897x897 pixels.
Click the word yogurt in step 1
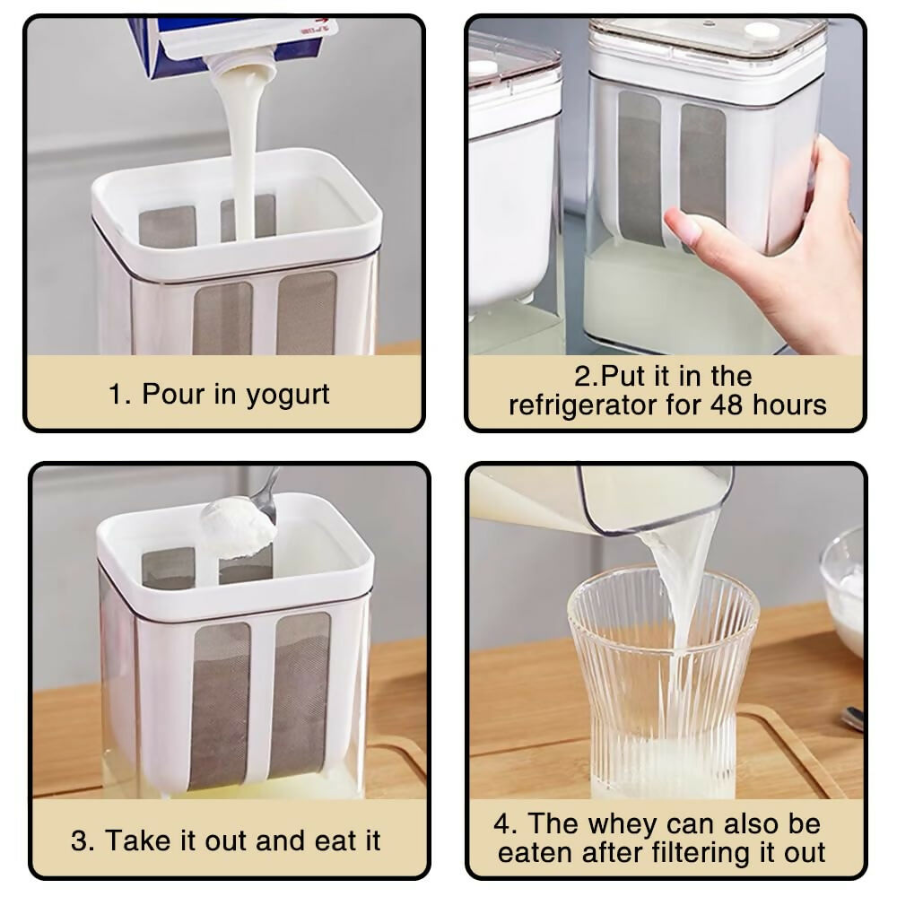288,396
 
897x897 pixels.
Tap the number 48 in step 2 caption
727,405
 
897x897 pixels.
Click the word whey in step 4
623,824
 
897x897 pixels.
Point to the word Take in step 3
137,841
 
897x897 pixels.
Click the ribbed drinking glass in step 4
663,682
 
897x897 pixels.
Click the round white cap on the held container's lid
761,30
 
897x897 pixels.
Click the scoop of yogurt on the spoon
238,527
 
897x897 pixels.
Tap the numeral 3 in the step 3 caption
79,841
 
